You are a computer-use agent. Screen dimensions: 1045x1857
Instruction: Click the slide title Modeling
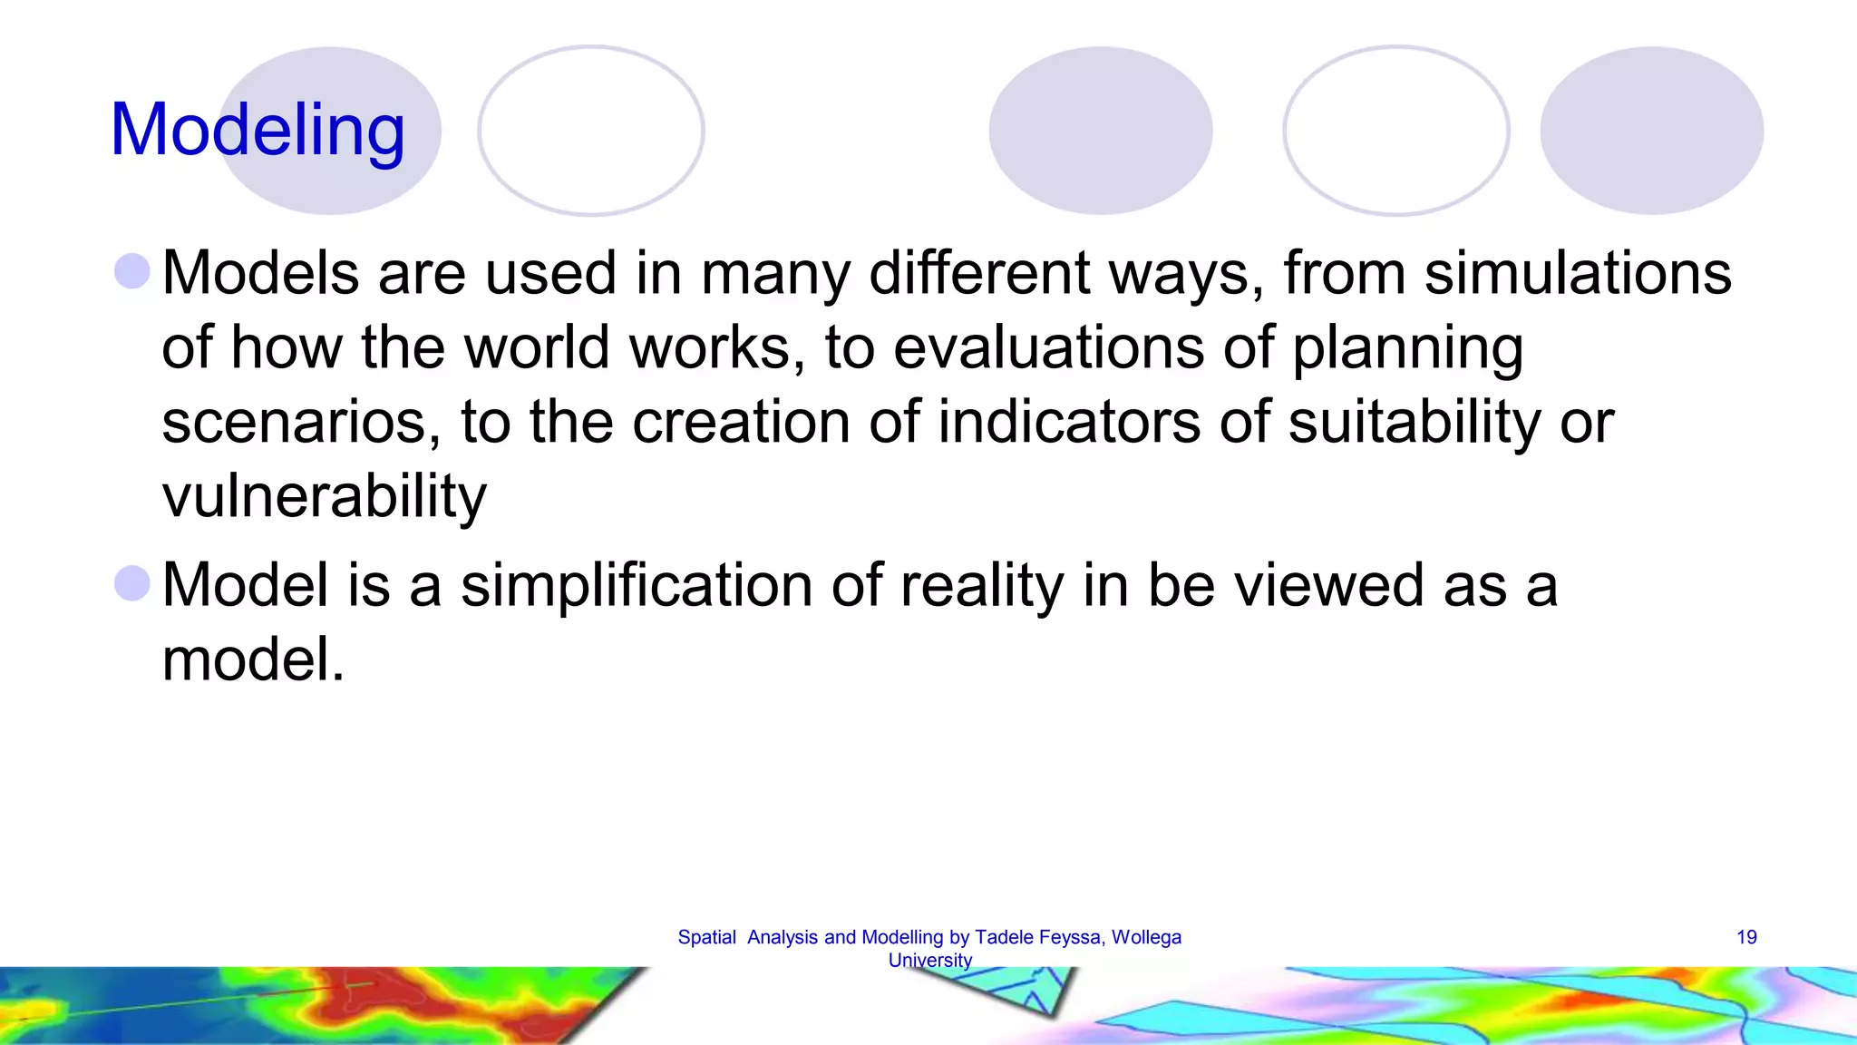[x=258, y=130]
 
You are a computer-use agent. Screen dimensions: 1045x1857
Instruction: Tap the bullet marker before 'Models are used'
[x=132, y=271]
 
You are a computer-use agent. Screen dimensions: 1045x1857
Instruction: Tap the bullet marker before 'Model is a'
[x=132, y=583]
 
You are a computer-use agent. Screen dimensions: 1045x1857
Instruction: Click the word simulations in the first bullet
[x=1577, y=273]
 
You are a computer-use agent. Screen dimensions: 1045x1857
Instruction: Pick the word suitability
[x=1414, y=423]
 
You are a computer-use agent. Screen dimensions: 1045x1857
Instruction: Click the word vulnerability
[x=324, y=497]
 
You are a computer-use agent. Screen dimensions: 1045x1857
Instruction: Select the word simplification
[x=635, y=585]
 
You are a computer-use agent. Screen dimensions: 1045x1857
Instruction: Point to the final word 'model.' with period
[x=253, y=659]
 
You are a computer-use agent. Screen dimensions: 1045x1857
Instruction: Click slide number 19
[x=1746, y=937]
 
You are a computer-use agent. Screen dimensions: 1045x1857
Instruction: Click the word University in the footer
[x=929, y=960]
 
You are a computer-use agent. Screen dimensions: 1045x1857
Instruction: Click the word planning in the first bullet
[x=1406, y=349]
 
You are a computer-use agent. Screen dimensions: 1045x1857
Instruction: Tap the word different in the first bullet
[x=978, y=273]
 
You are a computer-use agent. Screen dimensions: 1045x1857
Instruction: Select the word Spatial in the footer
[x=706, y=937]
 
